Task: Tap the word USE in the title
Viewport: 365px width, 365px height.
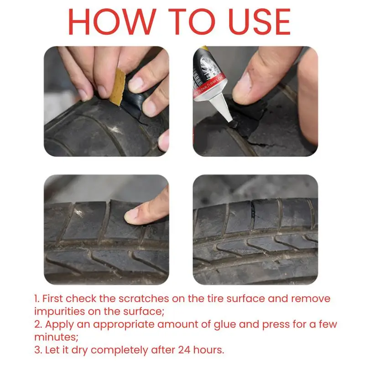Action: [260, 21]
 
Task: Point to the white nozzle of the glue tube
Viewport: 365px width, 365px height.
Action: [223, 108]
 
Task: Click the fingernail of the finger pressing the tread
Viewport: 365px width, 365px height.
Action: [131, 216]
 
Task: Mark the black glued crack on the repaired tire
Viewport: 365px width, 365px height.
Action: [253, 212]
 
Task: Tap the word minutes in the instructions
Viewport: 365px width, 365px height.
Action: [56, 337]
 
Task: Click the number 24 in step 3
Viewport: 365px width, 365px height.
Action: [184, 350]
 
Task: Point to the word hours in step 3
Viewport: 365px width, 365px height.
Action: [209, 350]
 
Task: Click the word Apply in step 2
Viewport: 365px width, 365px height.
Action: [59, 325]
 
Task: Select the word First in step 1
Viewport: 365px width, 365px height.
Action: [53, 299]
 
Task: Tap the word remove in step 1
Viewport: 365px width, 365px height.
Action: [311, 299]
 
